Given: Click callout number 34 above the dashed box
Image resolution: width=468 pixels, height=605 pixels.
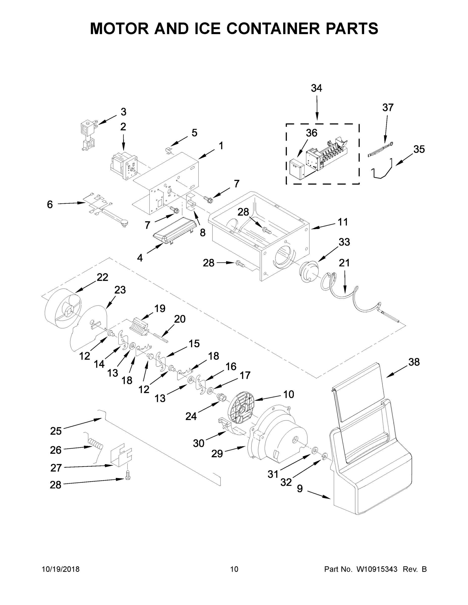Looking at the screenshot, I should click(316, 88).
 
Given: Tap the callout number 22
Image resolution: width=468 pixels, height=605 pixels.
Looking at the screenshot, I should click(102, 277).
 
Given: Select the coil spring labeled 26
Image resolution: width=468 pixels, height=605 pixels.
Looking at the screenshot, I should click(95, 444).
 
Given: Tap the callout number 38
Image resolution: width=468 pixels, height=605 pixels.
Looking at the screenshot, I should click(414, 362).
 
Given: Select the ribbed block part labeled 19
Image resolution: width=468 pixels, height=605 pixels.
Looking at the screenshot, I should click(139, 327).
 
